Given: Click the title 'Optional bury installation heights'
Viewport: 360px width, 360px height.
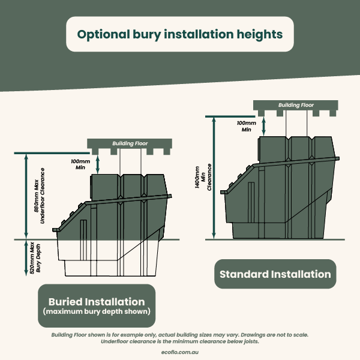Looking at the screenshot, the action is coord(180,34).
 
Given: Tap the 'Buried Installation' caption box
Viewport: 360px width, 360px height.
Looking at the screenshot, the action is coord(97,305).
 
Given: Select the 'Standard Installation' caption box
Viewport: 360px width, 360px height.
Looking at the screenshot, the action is coord(275,274).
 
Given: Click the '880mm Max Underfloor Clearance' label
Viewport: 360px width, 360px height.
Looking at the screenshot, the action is coord(39,196).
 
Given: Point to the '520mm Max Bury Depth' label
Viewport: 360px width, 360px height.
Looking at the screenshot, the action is coord(35,258).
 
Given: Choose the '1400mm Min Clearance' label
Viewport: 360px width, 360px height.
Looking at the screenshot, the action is coord(203,177).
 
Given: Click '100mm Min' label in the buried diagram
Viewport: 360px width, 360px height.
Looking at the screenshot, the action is coord(80,164).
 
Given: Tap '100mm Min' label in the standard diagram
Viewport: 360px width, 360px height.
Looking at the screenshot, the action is coord(247,126).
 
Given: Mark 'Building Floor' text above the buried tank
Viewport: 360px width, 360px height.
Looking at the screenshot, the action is coord(130,143).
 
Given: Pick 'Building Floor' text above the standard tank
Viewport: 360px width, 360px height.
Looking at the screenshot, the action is coord(296,105).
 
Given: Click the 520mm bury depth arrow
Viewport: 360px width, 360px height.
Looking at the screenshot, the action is coord(26,258).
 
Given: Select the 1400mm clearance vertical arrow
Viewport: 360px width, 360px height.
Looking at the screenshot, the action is coord(214,178).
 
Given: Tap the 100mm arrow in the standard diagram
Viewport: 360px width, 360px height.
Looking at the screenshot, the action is coord(263,126).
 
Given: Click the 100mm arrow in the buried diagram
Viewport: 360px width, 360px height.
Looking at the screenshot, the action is coord(98,164).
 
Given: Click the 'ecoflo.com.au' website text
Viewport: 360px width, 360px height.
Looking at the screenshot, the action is coord(180,352).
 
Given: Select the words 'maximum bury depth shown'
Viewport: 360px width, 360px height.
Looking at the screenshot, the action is coord(97,311).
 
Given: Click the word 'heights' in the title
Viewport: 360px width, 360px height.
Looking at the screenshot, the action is coord(260,35).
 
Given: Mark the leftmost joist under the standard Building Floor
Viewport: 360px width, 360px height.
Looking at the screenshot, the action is coord(261,113).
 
